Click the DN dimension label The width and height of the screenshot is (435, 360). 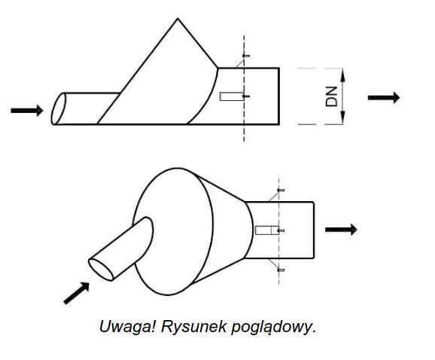pos(331,96)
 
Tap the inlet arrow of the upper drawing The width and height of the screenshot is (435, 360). pos(27,111)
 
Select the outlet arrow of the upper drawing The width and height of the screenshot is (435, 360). pos(384,97)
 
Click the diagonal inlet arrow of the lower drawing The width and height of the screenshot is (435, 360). pos(77,293)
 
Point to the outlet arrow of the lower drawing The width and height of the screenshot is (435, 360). pos(341,230)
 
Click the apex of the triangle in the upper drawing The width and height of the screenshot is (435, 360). pos(178,19)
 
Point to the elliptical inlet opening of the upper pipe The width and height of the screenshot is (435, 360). pos(59,108)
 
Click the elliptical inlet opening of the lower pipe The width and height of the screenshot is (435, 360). pos(101,270)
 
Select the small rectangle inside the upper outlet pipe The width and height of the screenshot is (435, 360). pos(232,96)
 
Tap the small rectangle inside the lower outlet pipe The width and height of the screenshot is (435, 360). pos(267,230)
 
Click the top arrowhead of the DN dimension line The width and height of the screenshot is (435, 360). pos(342,75)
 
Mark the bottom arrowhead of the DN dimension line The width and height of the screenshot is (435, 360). pos(342,117)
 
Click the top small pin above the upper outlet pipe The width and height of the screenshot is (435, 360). pos(246,56)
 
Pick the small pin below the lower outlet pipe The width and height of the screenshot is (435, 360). pos(281,270)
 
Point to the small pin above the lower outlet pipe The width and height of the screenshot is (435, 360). pos(281,190)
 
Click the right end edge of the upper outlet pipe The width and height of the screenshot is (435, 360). pos(278,96)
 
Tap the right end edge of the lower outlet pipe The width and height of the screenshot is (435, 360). pos(314,230)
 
